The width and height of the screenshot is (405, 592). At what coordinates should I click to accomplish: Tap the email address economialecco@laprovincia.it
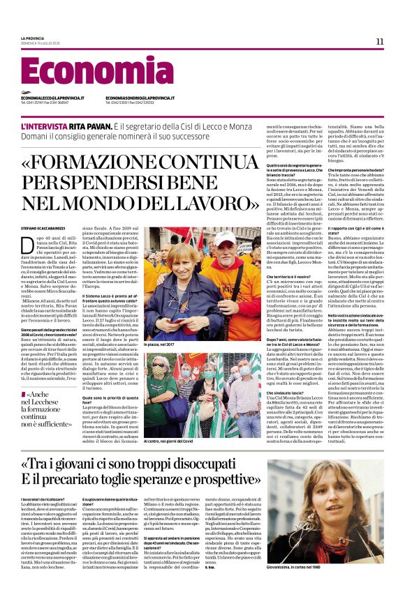[50, 98]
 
